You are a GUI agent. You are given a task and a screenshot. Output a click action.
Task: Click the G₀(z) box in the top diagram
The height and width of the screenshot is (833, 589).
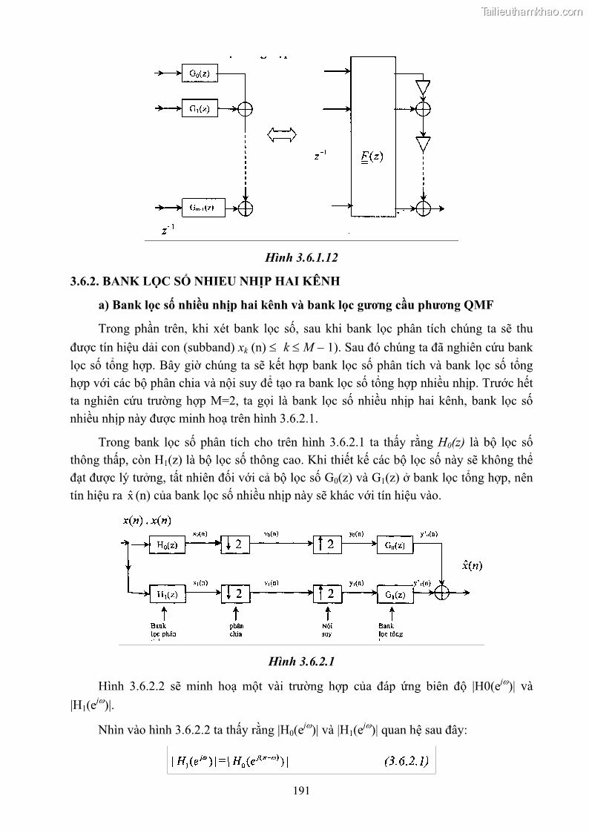click(x=197, y=74)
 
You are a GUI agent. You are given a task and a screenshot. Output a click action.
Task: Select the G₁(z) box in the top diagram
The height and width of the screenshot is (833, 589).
click(x=197, y=108)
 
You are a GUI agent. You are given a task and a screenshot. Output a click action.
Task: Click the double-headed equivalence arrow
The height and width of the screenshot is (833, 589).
click(x=281, y=134)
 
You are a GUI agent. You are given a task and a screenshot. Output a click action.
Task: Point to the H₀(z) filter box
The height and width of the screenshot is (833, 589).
click(x=167, y=545)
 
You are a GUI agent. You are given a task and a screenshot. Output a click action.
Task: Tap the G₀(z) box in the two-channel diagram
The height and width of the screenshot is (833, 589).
click(x=393, y=545)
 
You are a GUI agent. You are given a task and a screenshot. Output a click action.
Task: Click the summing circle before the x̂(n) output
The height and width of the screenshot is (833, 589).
click(x=443, y=592)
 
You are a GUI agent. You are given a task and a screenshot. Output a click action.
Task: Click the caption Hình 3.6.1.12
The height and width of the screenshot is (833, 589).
click(x=301, y=258)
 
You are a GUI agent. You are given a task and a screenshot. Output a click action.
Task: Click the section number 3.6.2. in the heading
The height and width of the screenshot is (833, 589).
click(x=85, y=282)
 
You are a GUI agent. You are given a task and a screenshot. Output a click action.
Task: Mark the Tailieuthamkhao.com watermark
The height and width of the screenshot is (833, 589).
click(x=533, y=11)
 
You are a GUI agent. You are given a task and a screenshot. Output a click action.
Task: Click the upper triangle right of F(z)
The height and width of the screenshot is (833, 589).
click(x=422, y=88)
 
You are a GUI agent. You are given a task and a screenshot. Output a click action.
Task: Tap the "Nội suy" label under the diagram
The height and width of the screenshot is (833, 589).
click(x=326, y=630)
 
